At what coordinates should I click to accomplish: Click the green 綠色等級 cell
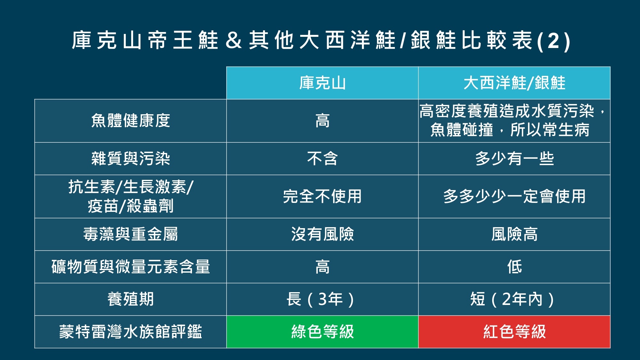pos(322,332)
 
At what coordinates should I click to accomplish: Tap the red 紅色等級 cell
pos(514,332)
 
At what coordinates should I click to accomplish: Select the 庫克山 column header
pos(322,83)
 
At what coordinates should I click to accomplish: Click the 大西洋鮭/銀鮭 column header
pos(514,83)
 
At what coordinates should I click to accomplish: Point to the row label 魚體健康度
pos(131,121)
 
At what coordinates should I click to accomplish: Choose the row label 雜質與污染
pos(131,158)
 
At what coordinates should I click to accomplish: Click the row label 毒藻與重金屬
pos(131,234)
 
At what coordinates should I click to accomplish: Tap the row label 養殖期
pos(131,299)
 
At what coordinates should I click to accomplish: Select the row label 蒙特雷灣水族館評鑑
pos(131,332)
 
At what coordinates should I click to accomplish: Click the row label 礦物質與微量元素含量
pos(131,267)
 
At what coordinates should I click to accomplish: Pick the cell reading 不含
pos(322,158)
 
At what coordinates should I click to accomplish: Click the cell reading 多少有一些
pos(514,158)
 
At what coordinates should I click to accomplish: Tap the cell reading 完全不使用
pos(322,196)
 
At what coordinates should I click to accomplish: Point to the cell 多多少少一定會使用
pos(514,196)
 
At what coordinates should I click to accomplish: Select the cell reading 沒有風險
pos(322,234)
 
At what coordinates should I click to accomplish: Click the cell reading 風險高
pos(514,234)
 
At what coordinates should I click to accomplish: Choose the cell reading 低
pos(514,267)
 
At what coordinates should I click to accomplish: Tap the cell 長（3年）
pos(320,299)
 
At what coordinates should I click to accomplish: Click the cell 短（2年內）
pos(512,299)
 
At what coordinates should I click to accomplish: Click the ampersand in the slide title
pos(234,41)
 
